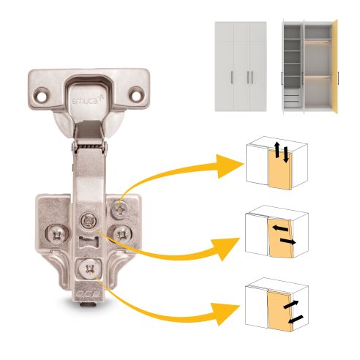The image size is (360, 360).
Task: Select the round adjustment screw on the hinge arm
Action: pos(89,219)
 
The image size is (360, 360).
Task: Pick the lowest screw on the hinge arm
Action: pos(90,269)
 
